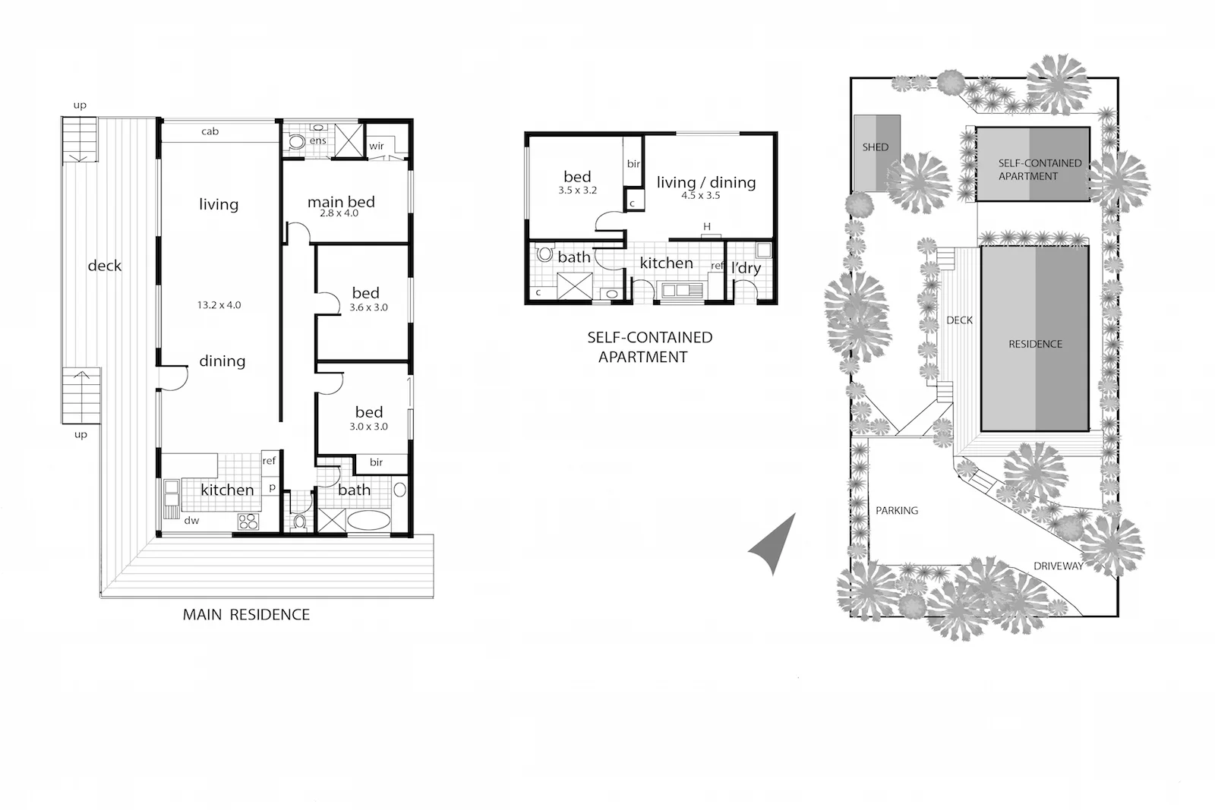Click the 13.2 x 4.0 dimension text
[x=219, y=305]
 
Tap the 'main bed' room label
[x=341, y=202]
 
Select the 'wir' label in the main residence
[x=376, y=146]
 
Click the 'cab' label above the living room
[x=210, y=131]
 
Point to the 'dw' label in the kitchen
[x=191, y=521]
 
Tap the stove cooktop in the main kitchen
[x=248, y=521]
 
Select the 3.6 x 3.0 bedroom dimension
[x=368, y=307]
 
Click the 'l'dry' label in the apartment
[x=746, y=268]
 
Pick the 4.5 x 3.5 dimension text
[x=700, y=195]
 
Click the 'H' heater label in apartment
[x=706, y=226]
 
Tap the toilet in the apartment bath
[x=543, y=254]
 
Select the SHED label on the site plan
[x=875, y=147]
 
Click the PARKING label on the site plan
[x=897, y=510]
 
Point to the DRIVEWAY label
[x=1058, y=566]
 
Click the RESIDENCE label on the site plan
[x=1035, y=344]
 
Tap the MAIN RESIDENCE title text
[x=246, y=614]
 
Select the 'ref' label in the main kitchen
[x=269, y=460]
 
